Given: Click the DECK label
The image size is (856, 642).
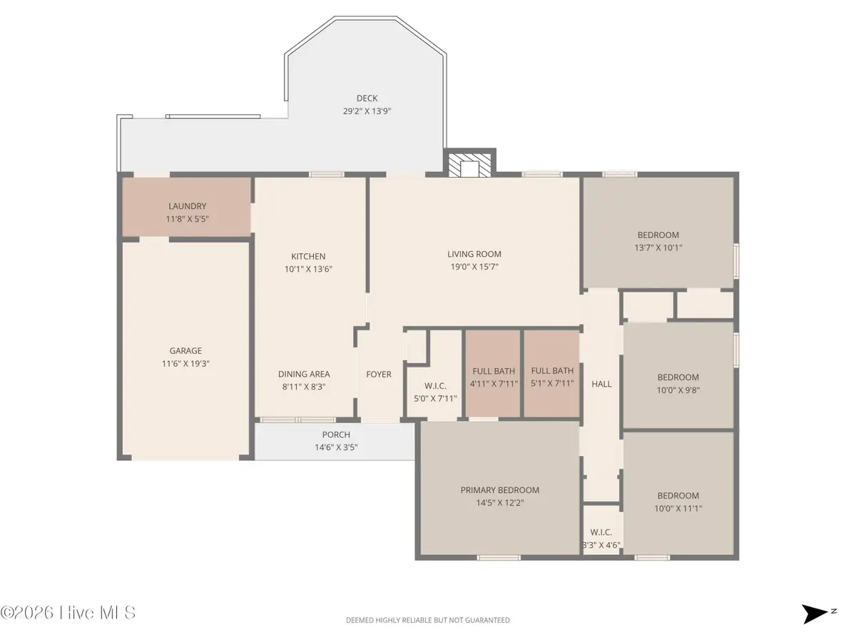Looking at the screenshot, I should pyautogui.click(x=367, y=98).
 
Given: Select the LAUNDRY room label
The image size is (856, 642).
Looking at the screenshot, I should pyautogui.click(x=187, y=206).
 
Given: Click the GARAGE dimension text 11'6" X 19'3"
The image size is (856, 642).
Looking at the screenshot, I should pyautogui.click(x=185, y=363).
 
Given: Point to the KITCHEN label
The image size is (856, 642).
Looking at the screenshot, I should pyautogui.click(x=308, y=256).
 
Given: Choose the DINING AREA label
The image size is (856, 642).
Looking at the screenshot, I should pyautogui.click(x=304, y=374).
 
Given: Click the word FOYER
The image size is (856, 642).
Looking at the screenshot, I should pyautogui.click(x=379, y=374).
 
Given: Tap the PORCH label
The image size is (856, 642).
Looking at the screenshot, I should pyautogui.click(x=336, y=435).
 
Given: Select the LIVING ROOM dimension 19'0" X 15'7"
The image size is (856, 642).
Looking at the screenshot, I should pyautogui.click(x=474, y=266).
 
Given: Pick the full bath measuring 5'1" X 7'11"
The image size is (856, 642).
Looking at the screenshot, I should pyautogui.click(x=552, y=377).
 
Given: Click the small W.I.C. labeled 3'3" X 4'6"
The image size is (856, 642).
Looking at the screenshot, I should pyautogui.click(x=601, y=539).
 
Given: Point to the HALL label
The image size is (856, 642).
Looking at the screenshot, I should pyautogui.click(x=601, y=384).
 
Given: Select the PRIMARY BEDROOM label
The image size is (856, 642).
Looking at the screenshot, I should pyautogui.click(x=499, y=490).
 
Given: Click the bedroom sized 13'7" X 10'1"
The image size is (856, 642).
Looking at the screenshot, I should pyautogui.click(x=658, y=241).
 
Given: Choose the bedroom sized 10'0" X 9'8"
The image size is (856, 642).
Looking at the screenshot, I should pyautogui.click(x=678, y=384).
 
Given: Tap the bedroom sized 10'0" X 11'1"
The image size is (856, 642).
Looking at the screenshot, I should pyautogui.click(x=678, y=501).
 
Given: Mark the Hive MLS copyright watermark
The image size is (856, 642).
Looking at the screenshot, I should pyautogui.click(x=68, y=613).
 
